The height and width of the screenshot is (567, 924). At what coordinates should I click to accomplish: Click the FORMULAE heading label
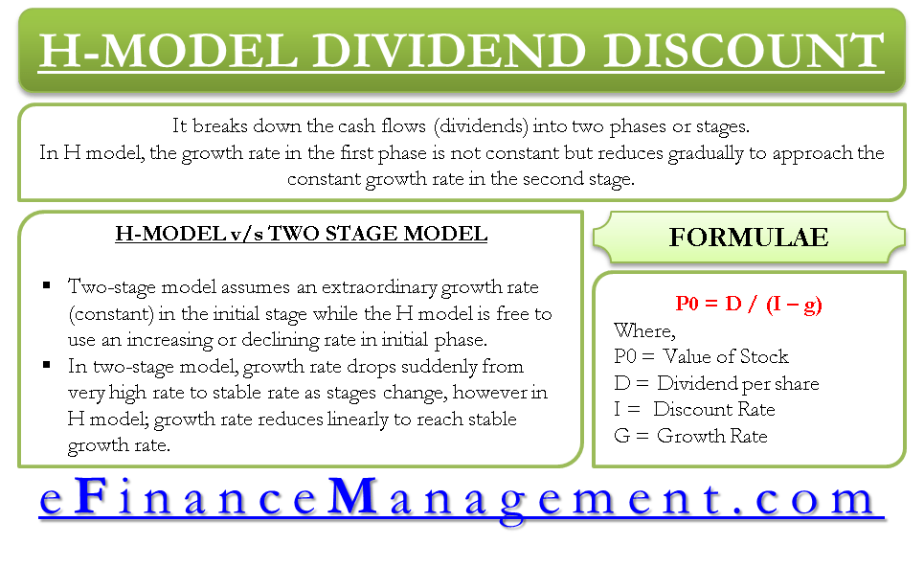749,237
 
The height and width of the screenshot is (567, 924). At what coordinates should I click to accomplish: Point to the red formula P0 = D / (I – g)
749,305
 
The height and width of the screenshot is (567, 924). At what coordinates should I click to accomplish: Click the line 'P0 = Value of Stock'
701,356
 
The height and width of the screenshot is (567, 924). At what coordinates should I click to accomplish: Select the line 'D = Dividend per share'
716,383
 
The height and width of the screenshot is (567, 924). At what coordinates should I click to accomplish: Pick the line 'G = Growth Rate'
690,436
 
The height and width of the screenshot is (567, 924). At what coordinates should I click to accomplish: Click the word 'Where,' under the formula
644,330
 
